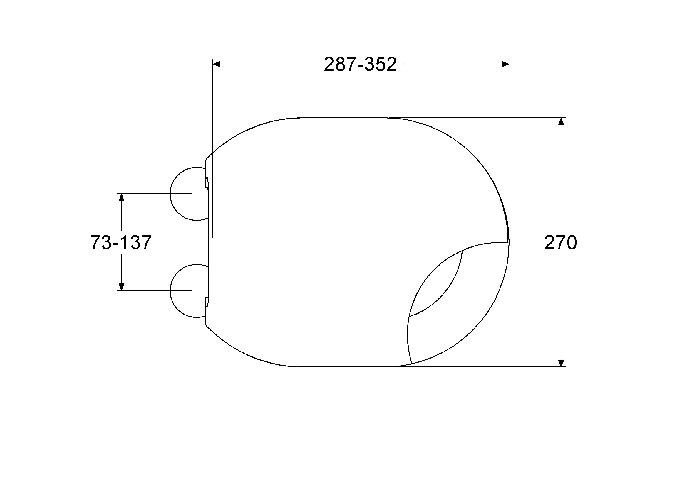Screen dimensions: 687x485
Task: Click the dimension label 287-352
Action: pyautogui.click(x=360, y=64)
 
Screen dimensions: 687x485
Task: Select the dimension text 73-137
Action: pyautogui.click(x=121, y=242)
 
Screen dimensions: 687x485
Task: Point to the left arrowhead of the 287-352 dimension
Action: pyautogui.click(x=216, y=64)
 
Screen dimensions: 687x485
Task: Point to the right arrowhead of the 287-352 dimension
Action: pyautogui.click(x=505, y=64)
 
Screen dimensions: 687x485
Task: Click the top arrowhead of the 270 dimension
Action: pyautogui.click(x=561, y=121)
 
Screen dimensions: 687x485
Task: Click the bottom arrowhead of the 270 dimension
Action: pyautogui.click(x=561, y=363)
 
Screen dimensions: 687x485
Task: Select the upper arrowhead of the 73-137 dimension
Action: pyautogui.click(x=121, y=197)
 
